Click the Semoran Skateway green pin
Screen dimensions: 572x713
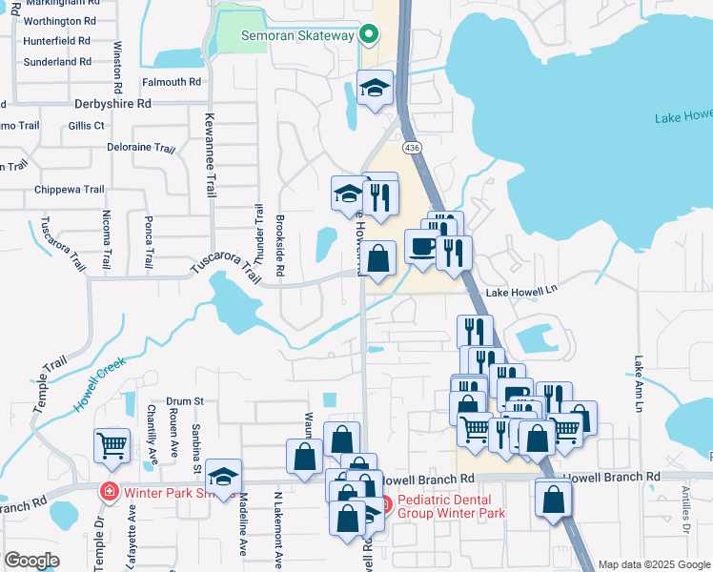(370, 36)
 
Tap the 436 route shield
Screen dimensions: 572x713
(412, 148)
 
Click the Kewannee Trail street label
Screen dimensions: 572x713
(210, 153)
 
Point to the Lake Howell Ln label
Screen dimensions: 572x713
(520, 291)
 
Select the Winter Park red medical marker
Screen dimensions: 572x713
(111, 492)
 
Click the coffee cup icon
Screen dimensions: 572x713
(422, 246)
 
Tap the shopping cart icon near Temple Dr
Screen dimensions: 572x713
(112, 445)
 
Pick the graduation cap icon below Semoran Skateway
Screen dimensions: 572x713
(376, 88)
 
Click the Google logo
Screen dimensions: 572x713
(31, 561)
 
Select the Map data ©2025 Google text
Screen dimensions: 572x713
(653, 564)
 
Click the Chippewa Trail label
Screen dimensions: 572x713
(69, 190)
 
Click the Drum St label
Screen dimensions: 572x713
(186, 401)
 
